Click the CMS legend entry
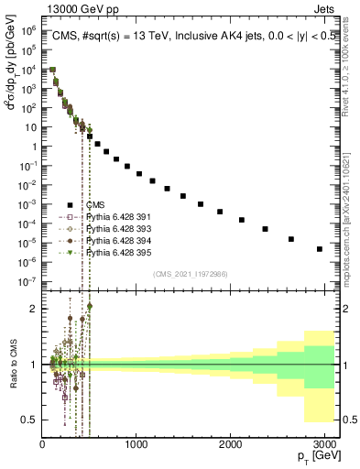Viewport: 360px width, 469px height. (96, 204)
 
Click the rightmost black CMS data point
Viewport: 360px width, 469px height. (319, 249)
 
